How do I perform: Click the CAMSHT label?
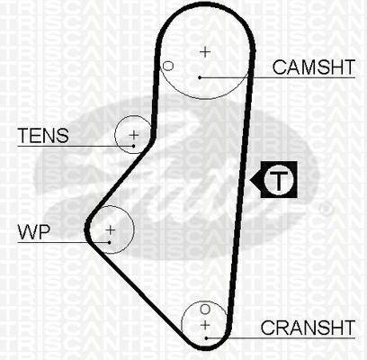click(314, 67)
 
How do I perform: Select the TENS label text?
click(43, 135)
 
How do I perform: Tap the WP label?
click(33, 232)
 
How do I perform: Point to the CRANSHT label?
click(308, 328)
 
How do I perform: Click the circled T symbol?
click(279, 180)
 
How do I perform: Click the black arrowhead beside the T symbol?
click(255, 180)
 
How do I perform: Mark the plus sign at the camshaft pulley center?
click(205, 52)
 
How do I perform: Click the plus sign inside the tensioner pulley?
click(134, 135)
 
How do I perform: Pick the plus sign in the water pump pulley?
click(111, 230)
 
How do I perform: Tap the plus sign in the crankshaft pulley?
click(205, 325)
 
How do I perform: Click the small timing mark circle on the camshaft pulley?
click(168, 66)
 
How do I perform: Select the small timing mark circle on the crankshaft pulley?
click(205, 309)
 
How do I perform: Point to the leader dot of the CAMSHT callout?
click(200, 77)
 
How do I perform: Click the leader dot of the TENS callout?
click(133, 146)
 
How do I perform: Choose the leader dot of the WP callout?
click(110, 242)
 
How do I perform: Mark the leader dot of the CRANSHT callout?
click(207, 338)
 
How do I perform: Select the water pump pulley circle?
click(134, 229)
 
